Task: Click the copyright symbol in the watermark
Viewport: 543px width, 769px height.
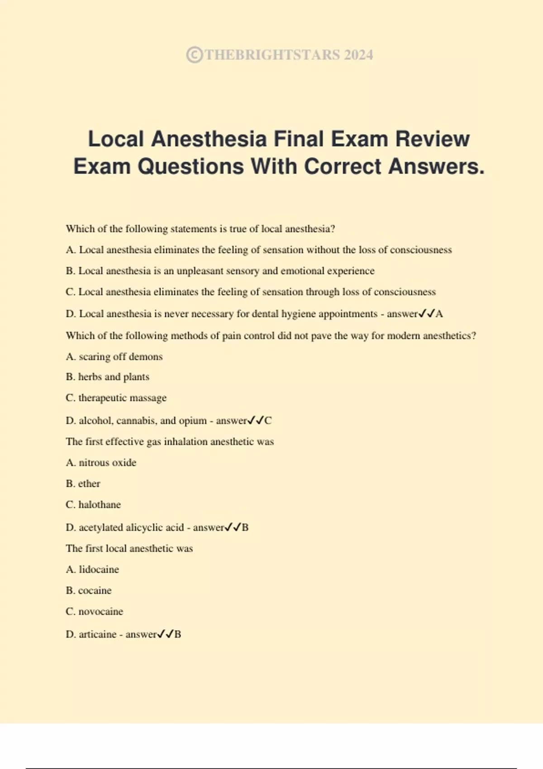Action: [194, 55]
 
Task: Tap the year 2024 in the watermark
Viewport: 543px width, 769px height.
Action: [358, 55]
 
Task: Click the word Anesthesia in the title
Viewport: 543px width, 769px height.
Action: [209, 139]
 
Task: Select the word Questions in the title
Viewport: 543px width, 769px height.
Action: [191, 166]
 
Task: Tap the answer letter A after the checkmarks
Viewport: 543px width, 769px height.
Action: [439, 314]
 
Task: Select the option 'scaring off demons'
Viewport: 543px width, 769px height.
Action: [120, 357]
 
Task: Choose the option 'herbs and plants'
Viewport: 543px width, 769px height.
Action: [114, 377]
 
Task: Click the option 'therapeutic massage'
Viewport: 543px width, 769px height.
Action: [122, 398]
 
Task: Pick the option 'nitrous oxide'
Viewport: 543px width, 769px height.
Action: [107, 463]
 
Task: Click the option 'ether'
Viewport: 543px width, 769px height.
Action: [89, 484]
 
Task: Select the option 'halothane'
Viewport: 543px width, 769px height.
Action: [100, 505]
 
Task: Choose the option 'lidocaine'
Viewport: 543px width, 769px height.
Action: [99, 570]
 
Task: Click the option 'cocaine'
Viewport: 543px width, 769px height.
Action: [95, 590]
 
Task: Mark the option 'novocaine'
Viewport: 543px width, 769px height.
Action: [100, 612]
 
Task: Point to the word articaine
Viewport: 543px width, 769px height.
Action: [98, 634]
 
